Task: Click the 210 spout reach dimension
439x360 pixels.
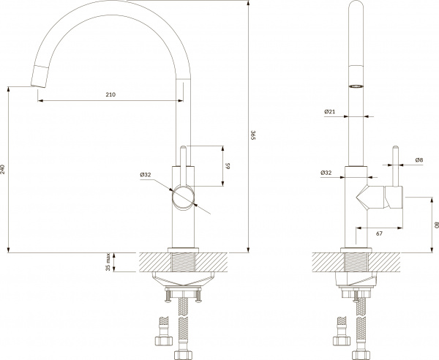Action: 110,95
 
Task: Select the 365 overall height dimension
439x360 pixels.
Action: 253,135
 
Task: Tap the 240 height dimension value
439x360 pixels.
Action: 4,168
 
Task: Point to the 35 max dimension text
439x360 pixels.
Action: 109,262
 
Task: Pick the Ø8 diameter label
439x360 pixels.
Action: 419,160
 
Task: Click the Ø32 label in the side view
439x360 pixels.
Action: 145,175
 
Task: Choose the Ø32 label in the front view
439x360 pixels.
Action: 327,173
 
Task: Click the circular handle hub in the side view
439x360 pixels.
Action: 183,198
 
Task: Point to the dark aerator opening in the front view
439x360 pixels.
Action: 356,85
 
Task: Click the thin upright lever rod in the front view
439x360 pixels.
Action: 396,165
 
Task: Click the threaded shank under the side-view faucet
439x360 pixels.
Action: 183,262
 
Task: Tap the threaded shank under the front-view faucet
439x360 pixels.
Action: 356,262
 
